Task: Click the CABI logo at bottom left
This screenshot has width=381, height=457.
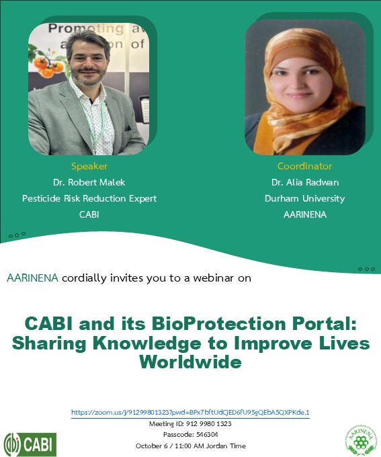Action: point(30,444)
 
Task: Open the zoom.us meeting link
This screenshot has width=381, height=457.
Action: point(190,412)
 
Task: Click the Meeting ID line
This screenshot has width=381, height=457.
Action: point(190,424)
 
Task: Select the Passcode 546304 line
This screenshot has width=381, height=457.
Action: point(190,435)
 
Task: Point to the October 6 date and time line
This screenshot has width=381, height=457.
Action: point(190,446)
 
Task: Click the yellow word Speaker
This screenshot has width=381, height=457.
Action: point(89,166)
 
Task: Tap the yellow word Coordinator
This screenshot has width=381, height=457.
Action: point(304,166)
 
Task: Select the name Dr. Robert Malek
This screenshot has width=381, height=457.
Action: point(89,182)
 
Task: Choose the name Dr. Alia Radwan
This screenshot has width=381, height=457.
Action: point(304,182)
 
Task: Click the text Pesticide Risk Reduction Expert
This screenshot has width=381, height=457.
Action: point(89,198)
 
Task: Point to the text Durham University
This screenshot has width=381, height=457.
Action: point(304,198)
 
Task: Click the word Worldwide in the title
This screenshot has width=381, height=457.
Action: point(190,363)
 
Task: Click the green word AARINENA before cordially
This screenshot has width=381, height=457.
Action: point(32,278)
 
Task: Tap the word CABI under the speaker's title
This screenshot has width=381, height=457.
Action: point(89,214)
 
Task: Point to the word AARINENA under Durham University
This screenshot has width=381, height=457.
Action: point(304,214)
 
